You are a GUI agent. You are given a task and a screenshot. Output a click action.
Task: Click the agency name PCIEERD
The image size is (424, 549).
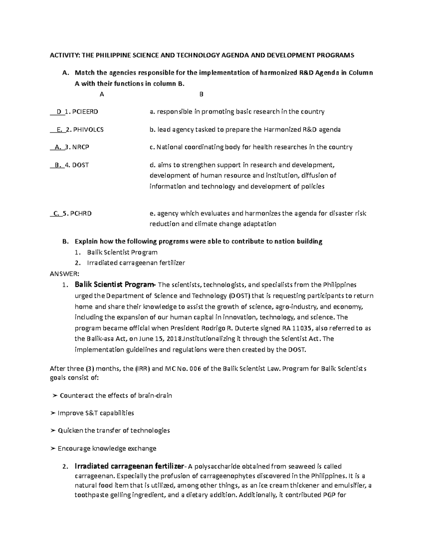tap(85, 112)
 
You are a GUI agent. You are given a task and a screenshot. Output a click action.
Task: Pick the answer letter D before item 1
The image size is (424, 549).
tap(59, 112)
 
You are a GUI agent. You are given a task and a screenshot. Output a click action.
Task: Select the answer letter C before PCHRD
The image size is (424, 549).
tap(56, 213)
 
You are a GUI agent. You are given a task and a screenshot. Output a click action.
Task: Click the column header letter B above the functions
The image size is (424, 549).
tap(201, 94)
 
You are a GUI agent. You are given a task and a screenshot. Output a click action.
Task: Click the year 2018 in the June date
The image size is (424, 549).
tap(174, 338)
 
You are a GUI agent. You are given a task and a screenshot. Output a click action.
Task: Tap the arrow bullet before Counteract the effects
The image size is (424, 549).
tap(54, 396)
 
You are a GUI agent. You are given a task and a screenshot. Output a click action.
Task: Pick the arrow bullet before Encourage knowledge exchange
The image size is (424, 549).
tap(53, 449)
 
